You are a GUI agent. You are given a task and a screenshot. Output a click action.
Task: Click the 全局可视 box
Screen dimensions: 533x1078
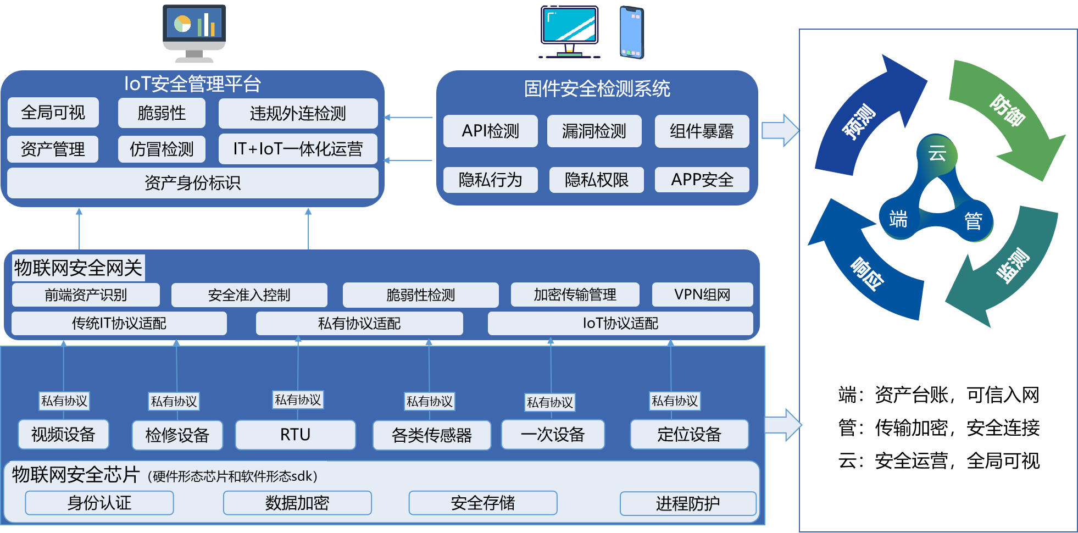point(53,113)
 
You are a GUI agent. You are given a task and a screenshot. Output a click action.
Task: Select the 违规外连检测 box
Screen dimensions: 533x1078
point(298,113)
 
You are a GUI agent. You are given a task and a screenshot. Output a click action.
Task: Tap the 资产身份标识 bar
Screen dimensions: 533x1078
point(192,182)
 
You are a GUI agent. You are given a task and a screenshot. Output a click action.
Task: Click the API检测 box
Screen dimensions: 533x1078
point(490,131)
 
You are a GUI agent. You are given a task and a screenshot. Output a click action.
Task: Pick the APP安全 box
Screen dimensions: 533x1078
point(702,180)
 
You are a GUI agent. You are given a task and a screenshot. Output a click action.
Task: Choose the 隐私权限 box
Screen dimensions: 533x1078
point(596,180)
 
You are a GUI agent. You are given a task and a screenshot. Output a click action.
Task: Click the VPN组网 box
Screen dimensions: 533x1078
point(702,295)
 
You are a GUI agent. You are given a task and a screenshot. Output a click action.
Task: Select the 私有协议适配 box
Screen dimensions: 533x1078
point(359,323)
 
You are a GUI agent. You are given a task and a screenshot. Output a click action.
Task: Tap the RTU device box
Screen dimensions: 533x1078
point(295,435)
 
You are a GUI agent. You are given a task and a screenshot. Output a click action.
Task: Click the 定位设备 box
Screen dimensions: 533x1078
point(689,435)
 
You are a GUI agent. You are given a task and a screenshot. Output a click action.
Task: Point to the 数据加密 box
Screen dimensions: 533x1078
point(297,503)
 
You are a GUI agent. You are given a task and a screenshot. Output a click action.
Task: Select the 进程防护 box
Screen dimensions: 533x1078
point(688,503)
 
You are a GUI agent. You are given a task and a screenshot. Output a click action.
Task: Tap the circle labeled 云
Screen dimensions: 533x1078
point(937,153)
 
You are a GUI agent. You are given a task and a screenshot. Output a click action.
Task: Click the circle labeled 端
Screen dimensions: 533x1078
point(898,219)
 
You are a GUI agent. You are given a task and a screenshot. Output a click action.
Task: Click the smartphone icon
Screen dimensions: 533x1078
point(633,31)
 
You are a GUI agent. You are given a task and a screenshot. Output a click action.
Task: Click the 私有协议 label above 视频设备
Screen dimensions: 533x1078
point(64,401)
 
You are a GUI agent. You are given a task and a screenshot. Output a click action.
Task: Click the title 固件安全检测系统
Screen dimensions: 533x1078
point(597,88)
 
